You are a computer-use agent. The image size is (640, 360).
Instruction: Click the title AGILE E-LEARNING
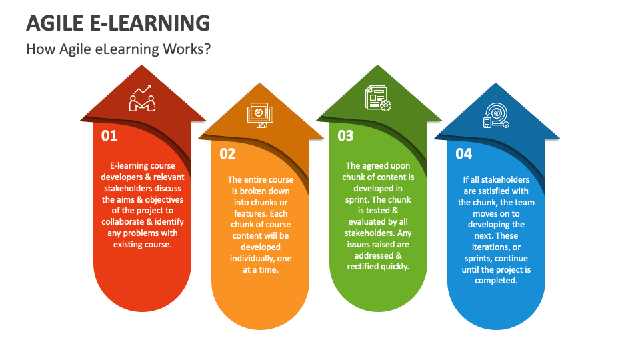[118, 23]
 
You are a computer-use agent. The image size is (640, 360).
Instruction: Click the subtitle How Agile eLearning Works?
[118, 49]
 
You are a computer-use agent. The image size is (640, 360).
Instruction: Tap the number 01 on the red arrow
[109, 136]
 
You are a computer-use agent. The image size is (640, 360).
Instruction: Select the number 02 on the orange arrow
[228, 154]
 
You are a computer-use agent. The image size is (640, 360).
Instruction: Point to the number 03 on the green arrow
[345, 136]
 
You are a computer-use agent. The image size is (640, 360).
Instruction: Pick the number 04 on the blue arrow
[463, 154]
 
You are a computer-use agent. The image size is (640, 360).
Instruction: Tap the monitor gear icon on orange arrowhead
[259, 115]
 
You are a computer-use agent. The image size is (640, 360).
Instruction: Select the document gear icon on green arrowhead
[377, 98]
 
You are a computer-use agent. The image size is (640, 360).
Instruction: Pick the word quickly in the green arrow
[393, 266]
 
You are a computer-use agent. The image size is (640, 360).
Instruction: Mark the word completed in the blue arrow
[495, 281]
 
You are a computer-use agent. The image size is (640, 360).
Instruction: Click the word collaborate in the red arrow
[126, 222]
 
